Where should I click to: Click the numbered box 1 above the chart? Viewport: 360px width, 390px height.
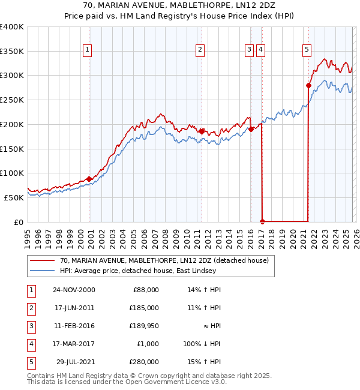(88, 50)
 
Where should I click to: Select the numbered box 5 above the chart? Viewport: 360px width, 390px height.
(307, 50)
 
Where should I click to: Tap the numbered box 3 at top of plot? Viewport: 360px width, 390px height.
(249, 50)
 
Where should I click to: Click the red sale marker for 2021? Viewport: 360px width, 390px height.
(308, 85)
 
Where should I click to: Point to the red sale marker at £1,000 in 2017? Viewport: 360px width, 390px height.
(262, 221)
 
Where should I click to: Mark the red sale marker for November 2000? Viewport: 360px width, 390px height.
(89, 179)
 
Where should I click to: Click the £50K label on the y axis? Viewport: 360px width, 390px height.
(14, 197)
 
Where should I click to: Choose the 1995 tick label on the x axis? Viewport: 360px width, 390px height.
(28, 237)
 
